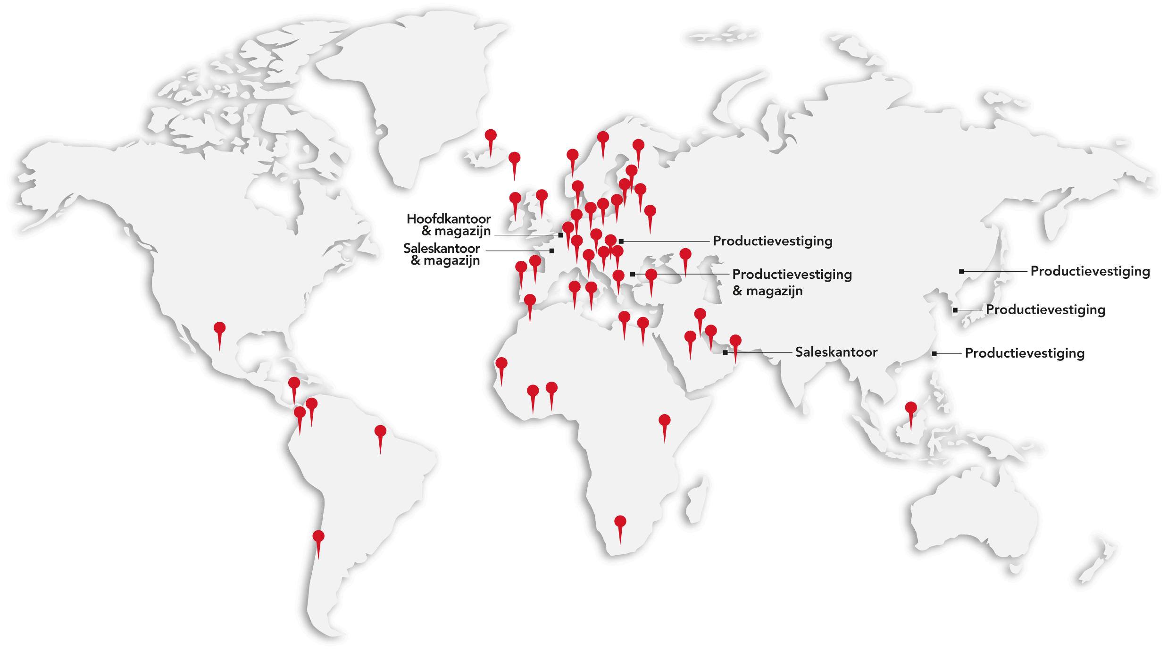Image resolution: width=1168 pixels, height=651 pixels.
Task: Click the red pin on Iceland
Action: click(x=491, y=136)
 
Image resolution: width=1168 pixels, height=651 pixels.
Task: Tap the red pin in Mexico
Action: click(x=219, y=328)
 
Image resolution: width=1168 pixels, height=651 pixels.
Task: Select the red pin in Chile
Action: click(x=318, y=537)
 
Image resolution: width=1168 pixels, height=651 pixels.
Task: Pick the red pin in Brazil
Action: click(x=380, y=431)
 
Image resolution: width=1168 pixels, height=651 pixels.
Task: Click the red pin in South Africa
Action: click(x=620, y=522)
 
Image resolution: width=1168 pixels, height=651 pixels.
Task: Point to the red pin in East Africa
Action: click(x=665, y=421)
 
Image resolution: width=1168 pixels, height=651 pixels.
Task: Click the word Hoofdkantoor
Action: click(x=449, y=219)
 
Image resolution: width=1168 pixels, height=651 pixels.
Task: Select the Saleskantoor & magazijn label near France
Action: click(x=442, y=254)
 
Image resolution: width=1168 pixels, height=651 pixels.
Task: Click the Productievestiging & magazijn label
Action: click(x=792, y=282)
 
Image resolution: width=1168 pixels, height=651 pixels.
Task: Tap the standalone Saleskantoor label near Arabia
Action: click(x=836, y=352)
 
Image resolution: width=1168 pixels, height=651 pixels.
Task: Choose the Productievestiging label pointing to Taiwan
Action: click(x=1025, y=353)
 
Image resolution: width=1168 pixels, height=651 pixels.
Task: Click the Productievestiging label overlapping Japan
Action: click(x=1046, y=310)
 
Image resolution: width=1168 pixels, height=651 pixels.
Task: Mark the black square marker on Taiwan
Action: click(x=934, y=353)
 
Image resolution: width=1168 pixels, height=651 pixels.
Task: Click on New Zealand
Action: click(x=1099, y=561)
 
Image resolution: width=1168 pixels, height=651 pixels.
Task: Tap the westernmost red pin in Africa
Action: click(x=501, y=364)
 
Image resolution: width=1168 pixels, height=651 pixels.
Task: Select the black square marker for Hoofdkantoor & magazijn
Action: click(x=561, y=235)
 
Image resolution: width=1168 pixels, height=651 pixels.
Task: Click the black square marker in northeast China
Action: click(x=961, y=271)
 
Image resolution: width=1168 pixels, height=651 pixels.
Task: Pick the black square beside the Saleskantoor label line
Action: click(x=726, y=352)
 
